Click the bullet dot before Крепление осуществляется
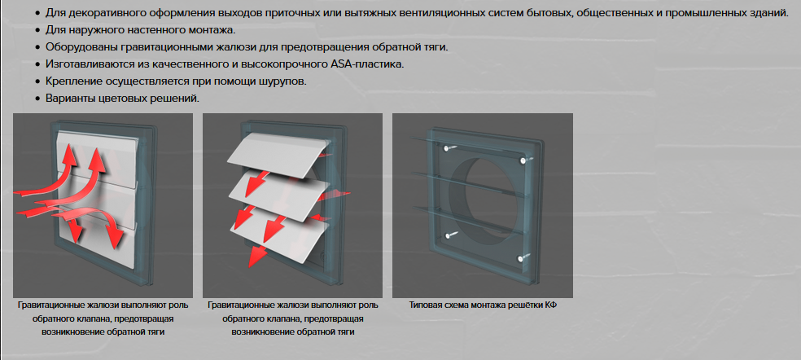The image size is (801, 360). click(37, 82)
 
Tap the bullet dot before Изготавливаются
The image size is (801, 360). click(37, 64)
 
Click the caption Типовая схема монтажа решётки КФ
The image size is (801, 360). click(482, 305)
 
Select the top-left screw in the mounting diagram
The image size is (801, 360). click(446, 148)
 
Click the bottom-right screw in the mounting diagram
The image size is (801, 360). click(521, 259)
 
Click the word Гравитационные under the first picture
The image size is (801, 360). click(50, 305)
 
